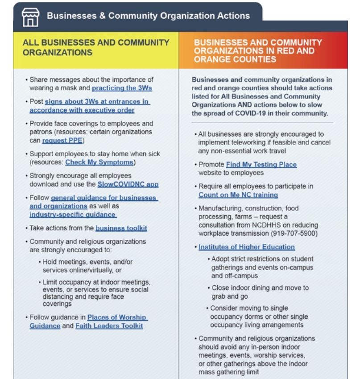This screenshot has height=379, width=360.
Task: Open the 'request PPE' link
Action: (x=62, y=140)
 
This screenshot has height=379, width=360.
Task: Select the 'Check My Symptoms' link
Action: (x=99, y=162)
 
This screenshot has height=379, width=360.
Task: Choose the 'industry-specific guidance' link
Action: (x=73, y=214)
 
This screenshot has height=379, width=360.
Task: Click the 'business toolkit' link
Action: (x=121, y=228)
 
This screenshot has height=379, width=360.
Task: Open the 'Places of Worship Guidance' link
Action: (x=117, y=317)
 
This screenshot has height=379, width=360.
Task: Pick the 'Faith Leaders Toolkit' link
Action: (x=109, y=326)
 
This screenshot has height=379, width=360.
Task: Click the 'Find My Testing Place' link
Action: (x=261, y=165)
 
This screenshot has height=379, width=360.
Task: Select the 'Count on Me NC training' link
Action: (x=238, y=195)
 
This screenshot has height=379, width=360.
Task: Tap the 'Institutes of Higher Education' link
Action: (x=247, y=247)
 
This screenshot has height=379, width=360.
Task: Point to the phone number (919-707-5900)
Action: (x=294, y=233)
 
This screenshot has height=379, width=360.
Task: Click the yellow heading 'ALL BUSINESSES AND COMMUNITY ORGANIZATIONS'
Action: (x=96, y=48)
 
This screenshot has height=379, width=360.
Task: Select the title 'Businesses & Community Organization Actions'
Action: (x=148, y=16)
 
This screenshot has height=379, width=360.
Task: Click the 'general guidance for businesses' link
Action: (x=104, y=198)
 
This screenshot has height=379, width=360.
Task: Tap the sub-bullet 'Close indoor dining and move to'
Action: (x=260, y=288)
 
